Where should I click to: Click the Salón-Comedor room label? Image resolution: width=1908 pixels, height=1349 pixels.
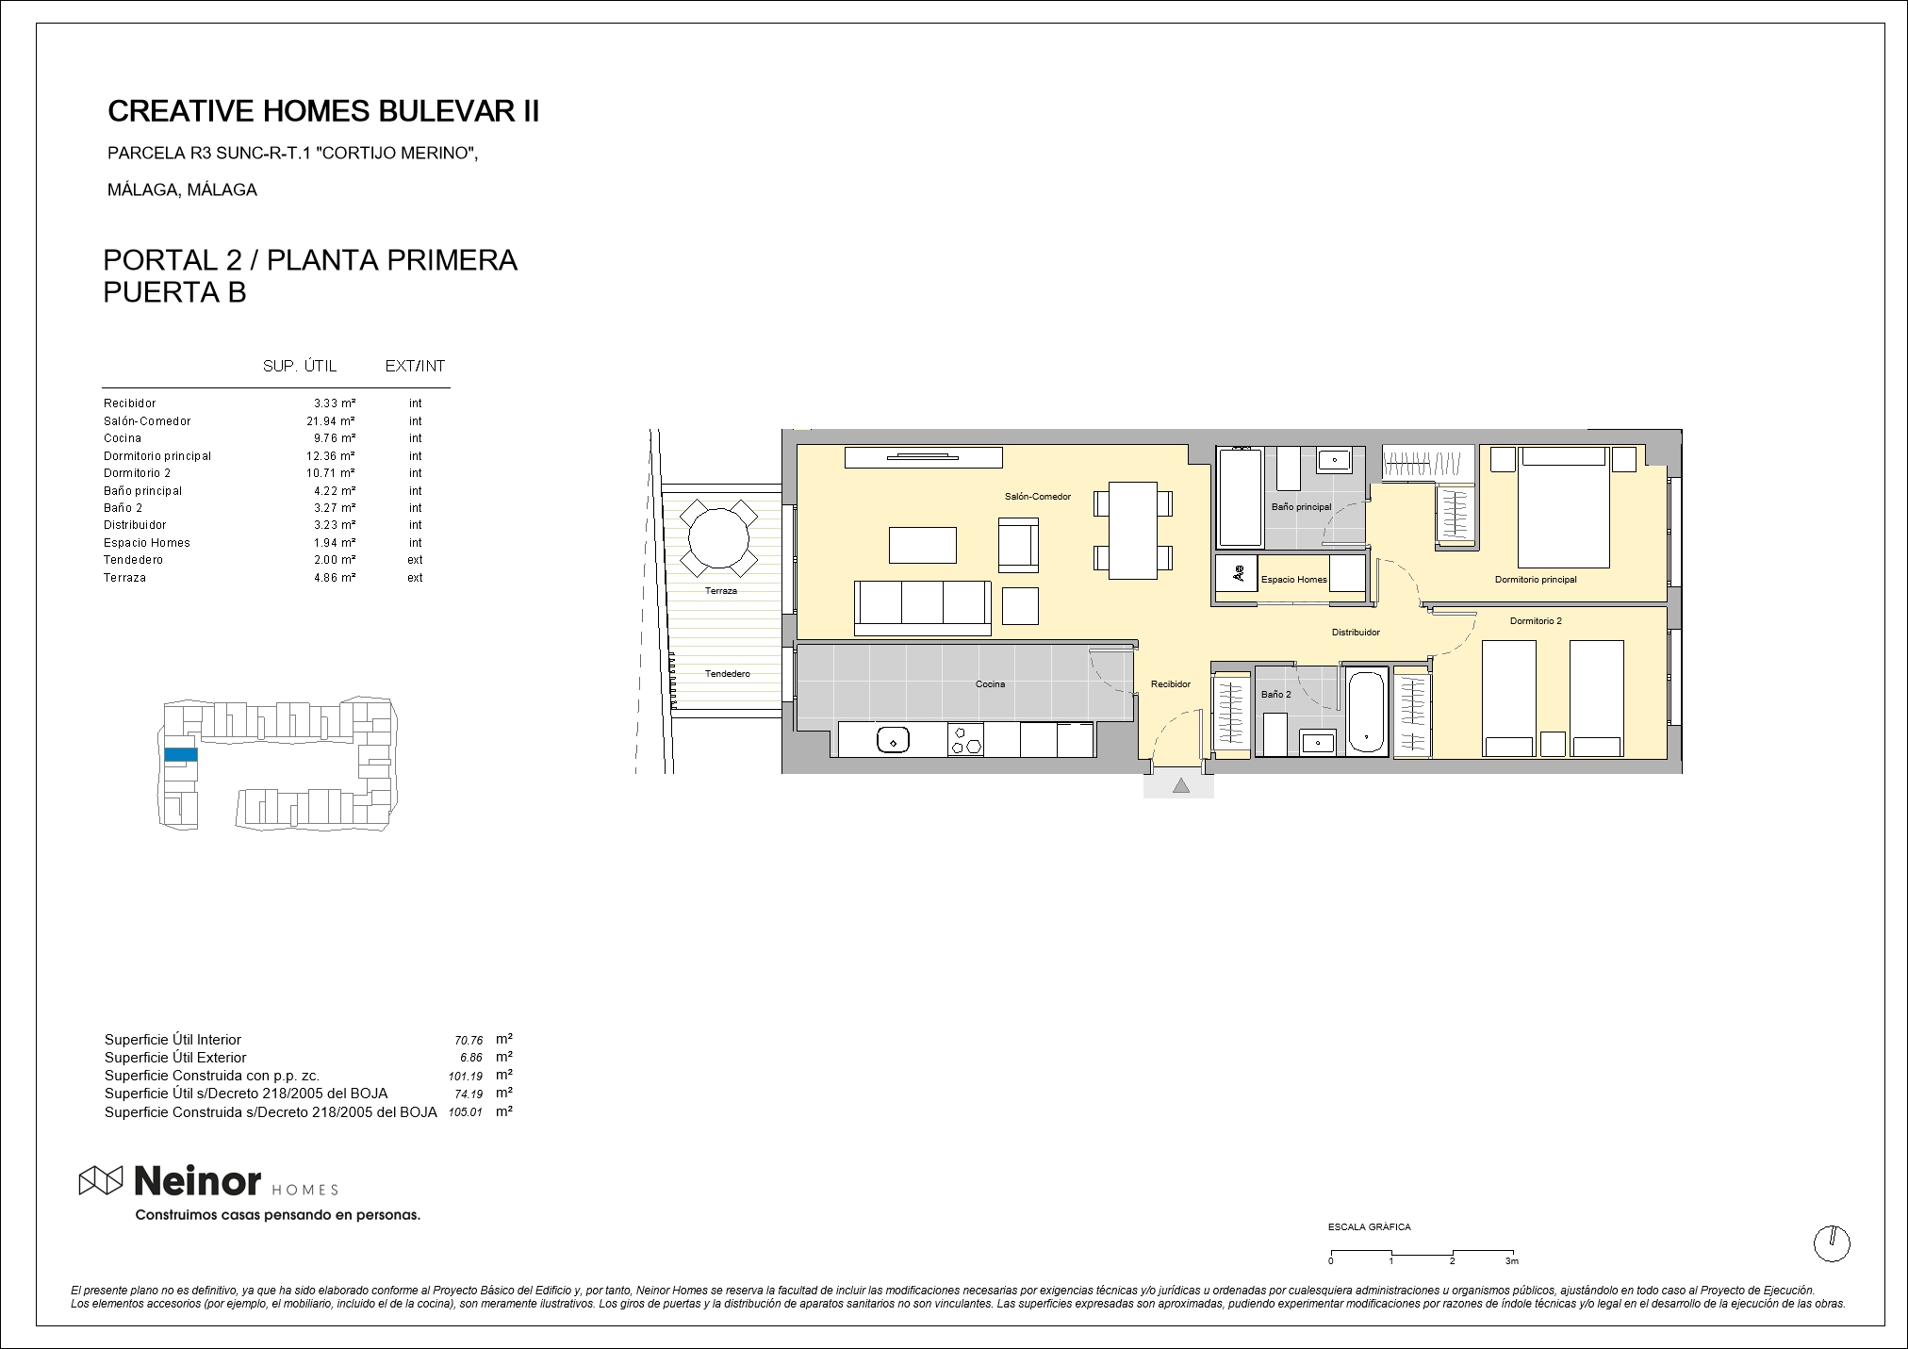pos(1037,497)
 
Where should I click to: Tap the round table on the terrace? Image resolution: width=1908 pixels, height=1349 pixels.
pos(718,538)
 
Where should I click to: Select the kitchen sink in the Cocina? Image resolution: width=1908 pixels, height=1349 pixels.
pos(892,740)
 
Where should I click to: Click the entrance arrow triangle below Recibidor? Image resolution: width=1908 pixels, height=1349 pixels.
pos(1180,785)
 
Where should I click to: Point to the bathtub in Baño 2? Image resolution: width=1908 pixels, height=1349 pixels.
pos(1366,711)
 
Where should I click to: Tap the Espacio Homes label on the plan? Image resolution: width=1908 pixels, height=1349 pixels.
pos(1293,580)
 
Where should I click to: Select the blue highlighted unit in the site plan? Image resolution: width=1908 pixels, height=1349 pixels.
pos(181,754)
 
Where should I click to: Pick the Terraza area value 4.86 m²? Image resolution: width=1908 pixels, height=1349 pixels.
pos(335,578)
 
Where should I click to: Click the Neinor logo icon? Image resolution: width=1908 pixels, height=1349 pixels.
pos(101,1180)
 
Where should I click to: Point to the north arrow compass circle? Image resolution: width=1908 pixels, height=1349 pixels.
pos(1832,1244)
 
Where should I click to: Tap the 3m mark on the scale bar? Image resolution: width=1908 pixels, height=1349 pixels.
pos(1512,1260)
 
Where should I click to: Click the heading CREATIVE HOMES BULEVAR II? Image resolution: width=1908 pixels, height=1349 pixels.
pos(323,111)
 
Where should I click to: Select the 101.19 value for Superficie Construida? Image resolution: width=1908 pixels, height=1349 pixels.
pos(466,1076)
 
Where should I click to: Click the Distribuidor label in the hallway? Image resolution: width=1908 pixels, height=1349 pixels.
pos(1356,633)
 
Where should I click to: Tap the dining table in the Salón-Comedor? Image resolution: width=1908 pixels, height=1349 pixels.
pos(1133,530)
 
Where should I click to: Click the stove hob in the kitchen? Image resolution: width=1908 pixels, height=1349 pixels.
pos(965,739)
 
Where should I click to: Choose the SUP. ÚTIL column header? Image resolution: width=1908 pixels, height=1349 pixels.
pos(300,366)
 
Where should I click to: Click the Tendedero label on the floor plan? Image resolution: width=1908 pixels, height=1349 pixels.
pos(728,674)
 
